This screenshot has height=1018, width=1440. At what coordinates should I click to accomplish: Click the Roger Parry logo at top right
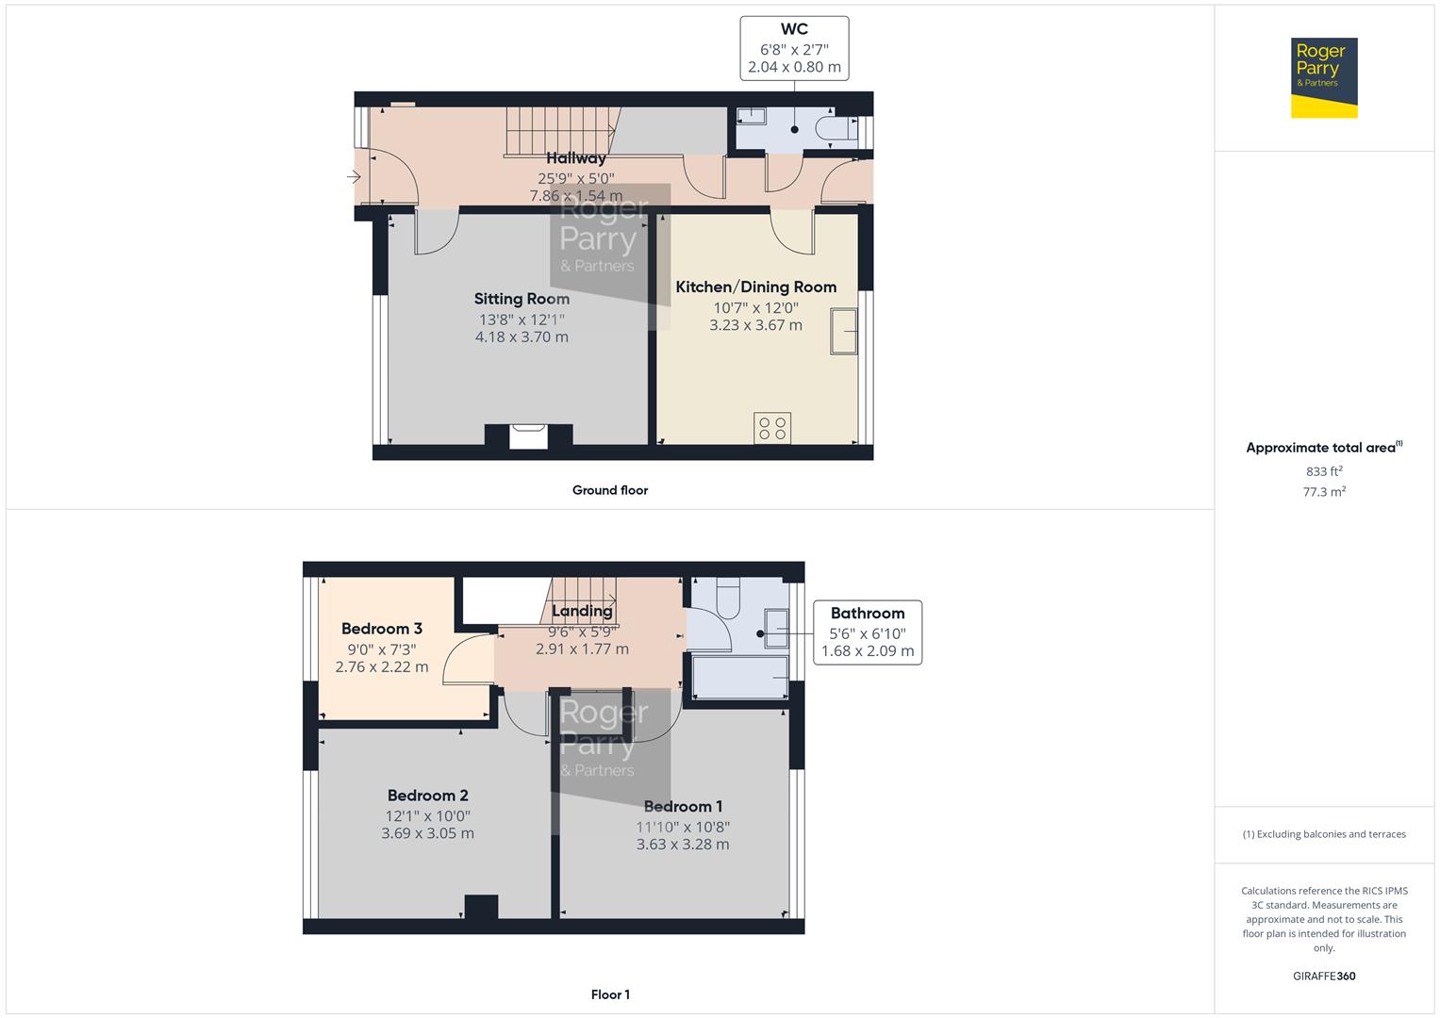1323,77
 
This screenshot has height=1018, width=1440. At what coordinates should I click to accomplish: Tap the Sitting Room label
521,299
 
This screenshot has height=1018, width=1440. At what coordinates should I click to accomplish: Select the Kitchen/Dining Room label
755,287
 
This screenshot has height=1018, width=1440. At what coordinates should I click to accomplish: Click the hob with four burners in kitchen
772,428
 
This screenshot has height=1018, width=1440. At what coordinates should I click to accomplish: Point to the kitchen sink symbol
844,331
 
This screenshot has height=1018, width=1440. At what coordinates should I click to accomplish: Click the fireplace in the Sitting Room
528,435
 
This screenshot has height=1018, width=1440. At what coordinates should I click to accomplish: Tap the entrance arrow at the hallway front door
355,176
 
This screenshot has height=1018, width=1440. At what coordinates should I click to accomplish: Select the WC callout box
794,47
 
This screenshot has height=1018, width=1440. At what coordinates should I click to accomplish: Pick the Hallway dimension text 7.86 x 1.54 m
575,196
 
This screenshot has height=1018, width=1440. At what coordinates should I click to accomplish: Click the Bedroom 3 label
381,629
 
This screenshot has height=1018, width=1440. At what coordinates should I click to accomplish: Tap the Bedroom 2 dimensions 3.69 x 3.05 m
427,834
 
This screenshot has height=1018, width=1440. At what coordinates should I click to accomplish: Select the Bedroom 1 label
683,806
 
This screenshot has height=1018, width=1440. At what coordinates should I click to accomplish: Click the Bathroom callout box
867,632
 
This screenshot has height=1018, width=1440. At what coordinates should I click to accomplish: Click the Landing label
582,611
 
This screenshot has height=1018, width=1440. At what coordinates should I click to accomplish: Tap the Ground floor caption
609,490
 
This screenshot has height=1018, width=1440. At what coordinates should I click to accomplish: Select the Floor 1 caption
609,994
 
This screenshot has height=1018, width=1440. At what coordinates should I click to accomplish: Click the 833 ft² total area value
1323,471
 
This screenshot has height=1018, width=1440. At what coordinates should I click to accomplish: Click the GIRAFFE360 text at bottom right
1323,976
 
